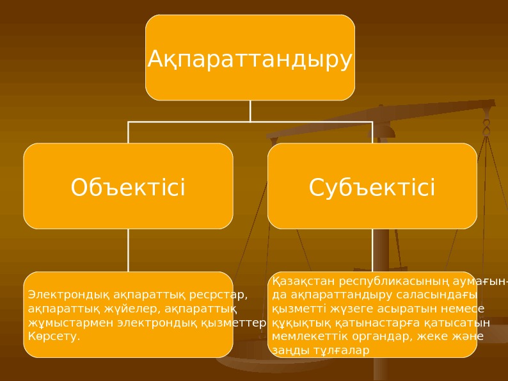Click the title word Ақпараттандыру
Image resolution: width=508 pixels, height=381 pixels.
250,59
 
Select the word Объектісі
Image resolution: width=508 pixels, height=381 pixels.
128,188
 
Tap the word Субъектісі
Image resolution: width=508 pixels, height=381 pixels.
372,188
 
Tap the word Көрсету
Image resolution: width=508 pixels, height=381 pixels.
54,335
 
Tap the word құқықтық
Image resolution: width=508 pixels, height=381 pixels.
298,322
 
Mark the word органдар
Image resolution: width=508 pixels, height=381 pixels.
372,336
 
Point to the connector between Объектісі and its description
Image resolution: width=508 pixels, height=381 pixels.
128,250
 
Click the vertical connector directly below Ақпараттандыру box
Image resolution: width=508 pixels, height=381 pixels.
250,110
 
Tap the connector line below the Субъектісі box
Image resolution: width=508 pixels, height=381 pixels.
372,250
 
